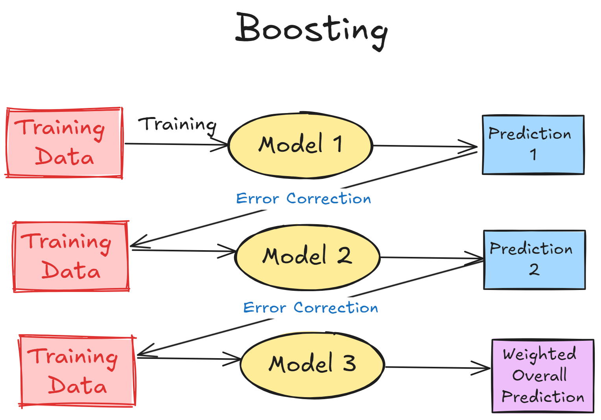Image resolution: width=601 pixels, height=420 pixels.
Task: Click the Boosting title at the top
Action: pos(312,30)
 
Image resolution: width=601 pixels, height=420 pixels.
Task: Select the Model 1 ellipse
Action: pos(300,145)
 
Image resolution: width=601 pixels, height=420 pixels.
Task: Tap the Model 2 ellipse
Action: pos(307,257)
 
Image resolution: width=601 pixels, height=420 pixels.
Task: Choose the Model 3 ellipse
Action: pos(312,364)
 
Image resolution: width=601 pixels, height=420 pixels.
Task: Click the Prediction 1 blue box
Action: pos(533,145)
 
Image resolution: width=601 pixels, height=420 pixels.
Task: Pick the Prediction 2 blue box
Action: pos(534,260)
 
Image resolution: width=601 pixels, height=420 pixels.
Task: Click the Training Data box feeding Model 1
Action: pos(64,143)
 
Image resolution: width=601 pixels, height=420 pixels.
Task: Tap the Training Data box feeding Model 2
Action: pos(71,256)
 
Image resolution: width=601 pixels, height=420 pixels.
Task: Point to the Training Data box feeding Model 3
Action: pos(77,371)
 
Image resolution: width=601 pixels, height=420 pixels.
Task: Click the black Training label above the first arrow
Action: pos(177,124)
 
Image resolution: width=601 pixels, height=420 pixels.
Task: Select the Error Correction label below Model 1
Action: pos(303,199)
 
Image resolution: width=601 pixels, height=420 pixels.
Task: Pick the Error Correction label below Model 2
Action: pos(310,308)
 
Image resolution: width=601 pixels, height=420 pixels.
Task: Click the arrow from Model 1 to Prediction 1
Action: pos(425,146)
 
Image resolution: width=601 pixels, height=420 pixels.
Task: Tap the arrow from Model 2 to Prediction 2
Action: pos(431,258)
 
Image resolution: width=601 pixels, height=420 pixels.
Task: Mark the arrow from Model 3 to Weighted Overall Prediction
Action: pos(437,368)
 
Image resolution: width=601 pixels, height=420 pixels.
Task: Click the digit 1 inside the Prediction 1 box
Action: pos(533,154)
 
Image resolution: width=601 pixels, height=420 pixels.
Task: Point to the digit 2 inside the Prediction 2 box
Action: pos(534,270)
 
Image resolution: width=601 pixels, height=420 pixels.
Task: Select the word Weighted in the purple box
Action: pos(540,354)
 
